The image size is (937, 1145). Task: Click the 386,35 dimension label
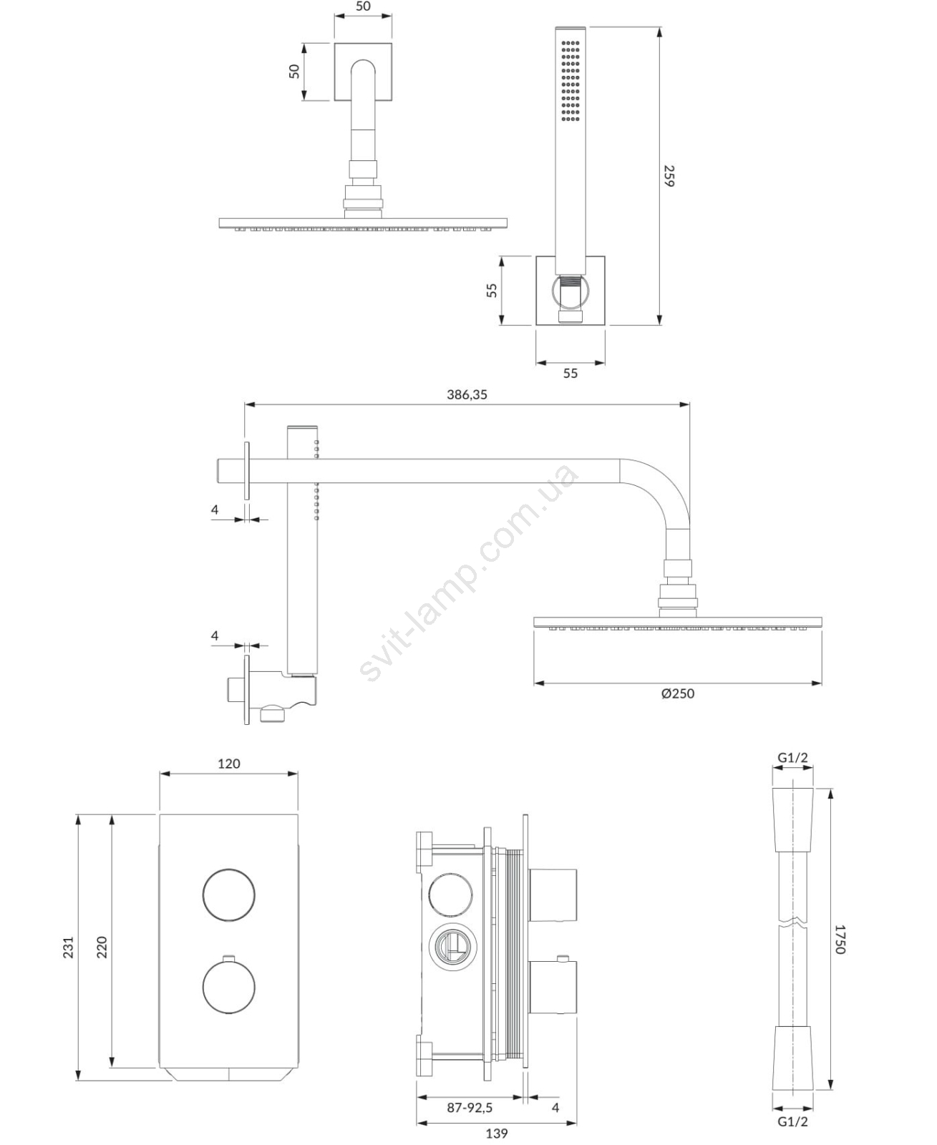pos(467,395)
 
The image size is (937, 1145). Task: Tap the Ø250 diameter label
pos(677,694)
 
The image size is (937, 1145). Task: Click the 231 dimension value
pos(69,947)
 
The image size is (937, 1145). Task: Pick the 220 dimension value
pos(102,947)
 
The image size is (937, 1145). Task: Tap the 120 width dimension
pos(228,764)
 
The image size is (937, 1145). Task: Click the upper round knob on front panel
pos(228,895)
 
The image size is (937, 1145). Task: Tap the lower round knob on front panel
pos(228,986)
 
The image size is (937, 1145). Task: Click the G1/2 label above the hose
pos(792,757)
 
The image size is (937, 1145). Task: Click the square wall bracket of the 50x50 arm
pos(363,72)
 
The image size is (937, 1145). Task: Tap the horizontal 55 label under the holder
pos(571,374)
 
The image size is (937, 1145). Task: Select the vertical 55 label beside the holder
pos(492,291)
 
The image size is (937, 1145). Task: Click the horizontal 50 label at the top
pos(363,6)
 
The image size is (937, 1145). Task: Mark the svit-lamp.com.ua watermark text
pos(467,572)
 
